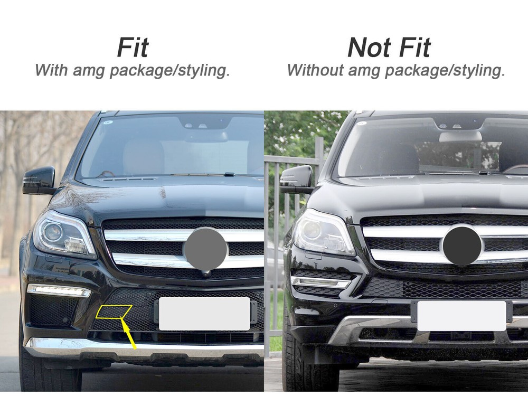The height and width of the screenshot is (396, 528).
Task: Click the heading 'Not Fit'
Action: tap(389, 48)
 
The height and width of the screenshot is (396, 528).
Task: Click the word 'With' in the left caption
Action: tap(51, 70)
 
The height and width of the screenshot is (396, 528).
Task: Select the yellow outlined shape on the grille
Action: tap(114, 312)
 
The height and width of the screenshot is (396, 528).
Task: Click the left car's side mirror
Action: tap(39, 181)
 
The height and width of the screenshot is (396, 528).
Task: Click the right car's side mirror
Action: tap(297, 180)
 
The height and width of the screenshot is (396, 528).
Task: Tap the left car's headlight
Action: tap(64, 235)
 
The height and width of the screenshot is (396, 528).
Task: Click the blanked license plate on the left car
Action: tap(204, 314)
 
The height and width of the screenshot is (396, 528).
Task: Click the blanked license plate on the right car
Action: tap(462, 316)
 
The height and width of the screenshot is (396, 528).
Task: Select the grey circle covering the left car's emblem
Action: tap(205, 249)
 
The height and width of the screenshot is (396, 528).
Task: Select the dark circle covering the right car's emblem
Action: tap(463, 245)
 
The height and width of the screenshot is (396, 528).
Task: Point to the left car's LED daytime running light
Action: tap(59, 290)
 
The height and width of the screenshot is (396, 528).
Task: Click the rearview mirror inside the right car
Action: tap(460, 136)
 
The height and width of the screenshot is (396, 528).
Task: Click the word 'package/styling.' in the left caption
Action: tap(170, 71)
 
